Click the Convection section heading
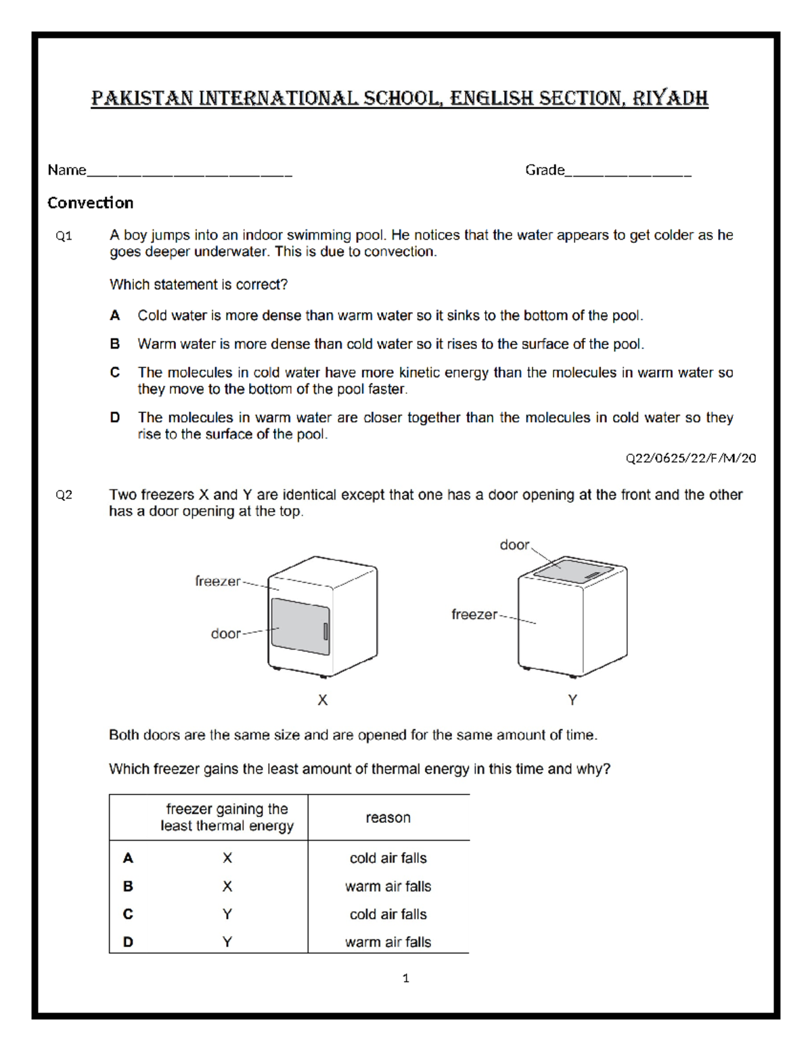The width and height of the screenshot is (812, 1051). [90, 203]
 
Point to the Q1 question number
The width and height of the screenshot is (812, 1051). [64, 236]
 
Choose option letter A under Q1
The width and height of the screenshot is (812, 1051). [115, 316]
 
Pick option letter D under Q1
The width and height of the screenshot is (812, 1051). [115, 418]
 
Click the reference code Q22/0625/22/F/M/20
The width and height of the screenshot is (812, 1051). [690, 458]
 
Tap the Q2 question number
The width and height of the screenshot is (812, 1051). [64, 495]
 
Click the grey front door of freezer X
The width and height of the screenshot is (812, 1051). [298, 626]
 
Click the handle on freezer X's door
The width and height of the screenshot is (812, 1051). [325, 631]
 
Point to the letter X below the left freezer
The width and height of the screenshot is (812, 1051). [323, 700]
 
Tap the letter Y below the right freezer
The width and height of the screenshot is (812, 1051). [572, 700]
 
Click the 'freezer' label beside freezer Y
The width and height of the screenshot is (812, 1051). [474, 614]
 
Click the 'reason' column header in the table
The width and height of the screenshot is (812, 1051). [388, 818]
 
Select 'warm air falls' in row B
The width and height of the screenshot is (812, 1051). [388, 887]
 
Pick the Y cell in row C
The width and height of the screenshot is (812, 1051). [227, 914]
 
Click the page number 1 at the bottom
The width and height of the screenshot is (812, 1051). [405, 978]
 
